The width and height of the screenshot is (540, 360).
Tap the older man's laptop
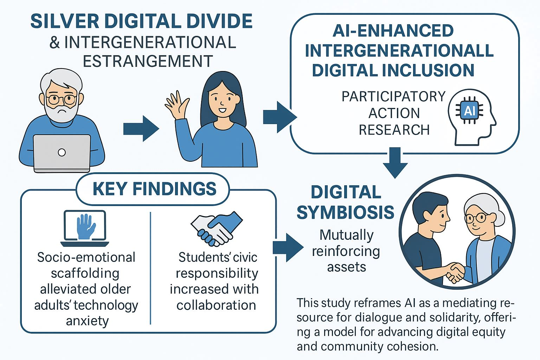click(62, 153)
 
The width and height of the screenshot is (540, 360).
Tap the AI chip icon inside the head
click(469, 111)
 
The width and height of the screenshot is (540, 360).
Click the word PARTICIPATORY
click(393, 97)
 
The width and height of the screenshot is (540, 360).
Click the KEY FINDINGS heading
click(154, 189)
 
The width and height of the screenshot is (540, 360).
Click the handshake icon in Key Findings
click(217, 229)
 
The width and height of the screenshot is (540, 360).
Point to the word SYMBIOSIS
click(345, 212)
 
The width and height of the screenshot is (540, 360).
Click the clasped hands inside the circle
click(454, 272)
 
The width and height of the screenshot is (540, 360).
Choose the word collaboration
click(216, 305)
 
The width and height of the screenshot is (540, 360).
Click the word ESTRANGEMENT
click(148, 61)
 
